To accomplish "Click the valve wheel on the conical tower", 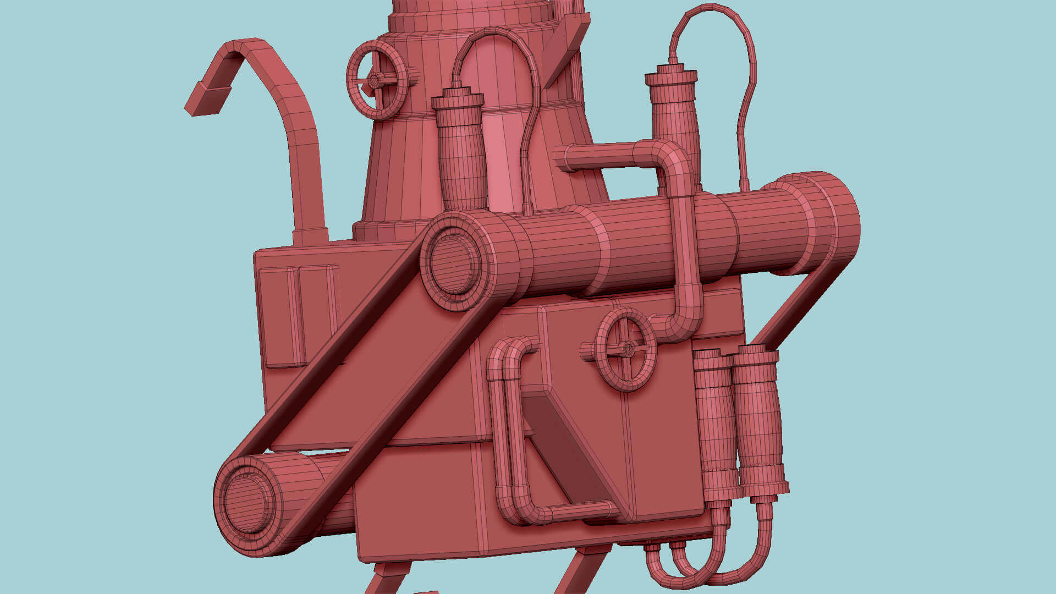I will (377, 80).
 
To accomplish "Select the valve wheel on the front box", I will (626, 349).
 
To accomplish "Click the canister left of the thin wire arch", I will (460, 154).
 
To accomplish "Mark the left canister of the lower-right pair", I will (715, 424).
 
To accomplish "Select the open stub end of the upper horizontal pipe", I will (562, 157).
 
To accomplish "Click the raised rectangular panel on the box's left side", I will (297, 316).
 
